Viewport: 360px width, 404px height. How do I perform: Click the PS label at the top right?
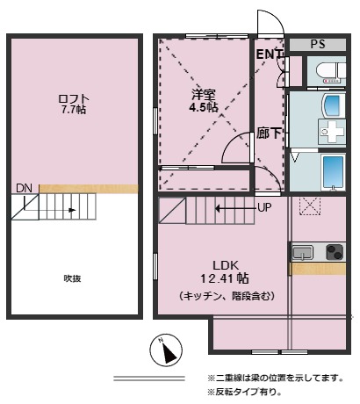[318, 43]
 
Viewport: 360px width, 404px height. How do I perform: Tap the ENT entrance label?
[269, 54]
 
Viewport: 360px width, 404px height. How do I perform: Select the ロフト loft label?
[74, 97]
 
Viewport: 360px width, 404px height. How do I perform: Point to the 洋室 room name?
[205, 94]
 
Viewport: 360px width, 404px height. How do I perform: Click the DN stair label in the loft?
[23, 187]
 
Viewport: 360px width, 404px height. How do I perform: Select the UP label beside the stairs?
[264, 208]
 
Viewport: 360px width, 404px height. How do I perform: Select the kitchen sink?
[303, 253]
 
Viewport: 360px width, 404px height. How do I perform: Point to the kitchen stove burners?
[335, 253]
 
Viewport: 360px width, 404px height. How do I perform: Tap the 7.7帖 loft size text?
[74, 111]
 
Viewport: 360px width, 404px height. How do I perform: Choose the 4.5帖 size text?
[205, 107]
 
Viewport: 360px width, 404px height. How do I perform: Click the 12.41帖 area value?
[225, 279]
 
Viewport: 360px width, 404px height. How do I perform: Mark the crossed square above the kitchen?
[307, 205]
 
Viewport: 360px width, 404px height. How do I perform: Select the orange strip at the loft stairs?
[88, 189]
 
